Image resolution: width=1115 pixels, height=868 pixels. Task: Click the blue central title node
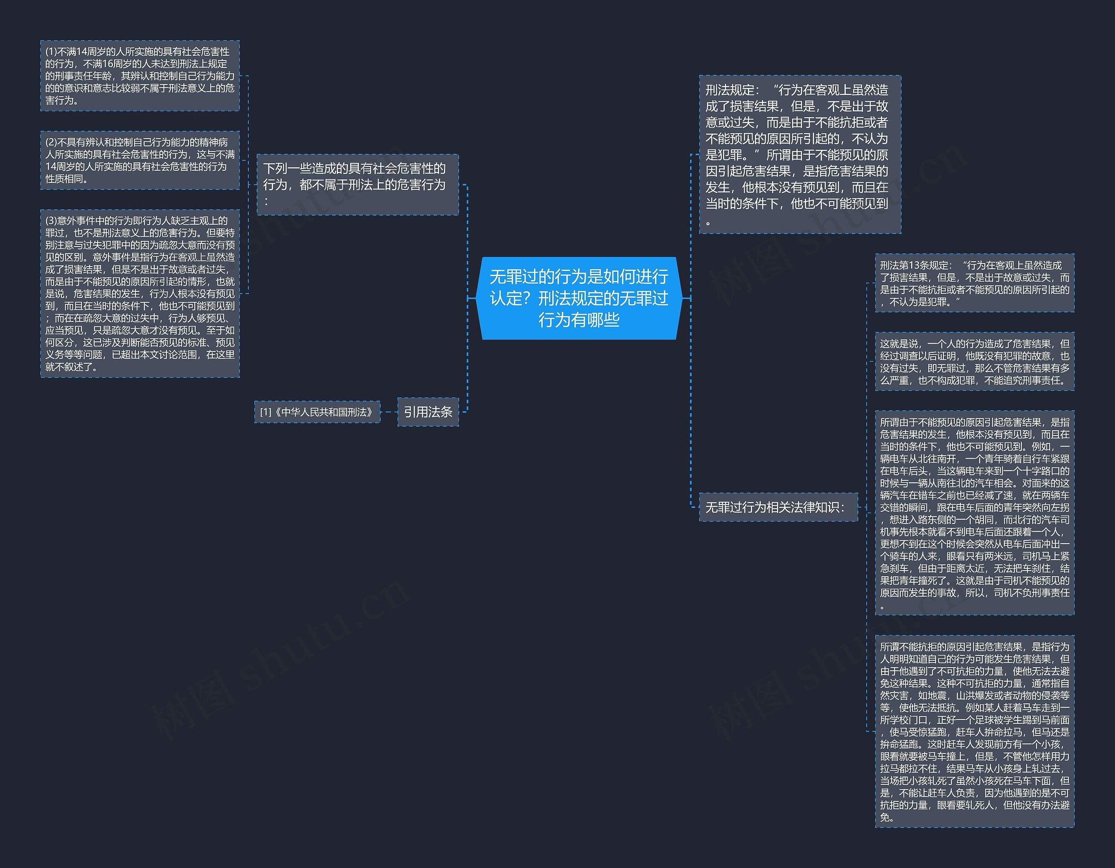point(578,298)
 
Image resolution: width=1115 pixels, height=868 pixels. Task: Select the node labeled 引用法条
point(428,412)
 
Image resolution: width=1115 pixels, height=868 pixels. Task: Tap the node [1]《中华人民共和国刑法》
point(317,412)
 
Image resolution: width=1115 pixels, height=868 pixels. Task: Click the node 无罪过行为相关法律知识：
point(777,507)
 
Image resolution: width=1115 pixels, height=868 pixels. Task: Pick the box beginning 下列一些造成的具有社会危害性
point(358,184)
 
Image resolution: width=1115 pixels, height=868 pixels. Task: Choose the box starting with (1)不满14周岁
point(140,76)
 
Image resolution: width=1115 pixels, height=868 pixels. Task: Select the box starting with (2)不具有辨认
point(140,160)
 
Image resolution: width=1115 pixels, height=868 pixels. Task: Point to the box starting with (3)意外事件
point(140,294)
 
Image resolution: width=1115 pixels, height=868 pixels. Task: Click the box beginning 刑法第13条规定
point(974,284)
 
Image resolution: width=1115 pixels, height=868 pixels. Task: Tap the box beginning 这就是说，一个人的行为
point(974,362)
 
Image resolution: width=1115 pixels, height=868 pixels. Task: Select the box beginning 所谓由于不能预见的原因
point(974,513)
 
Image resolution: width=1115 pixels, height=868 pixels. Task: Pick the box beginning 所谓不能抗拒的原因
point(974,731)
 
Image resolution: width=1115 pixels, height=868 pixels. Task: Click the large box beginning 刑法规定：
point(800,155)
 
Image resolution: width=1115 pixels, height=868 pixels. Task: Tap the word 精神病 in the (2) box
point(214,142)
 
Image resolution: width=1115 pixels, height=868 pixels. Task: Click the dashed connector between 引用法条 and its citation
point(389,412)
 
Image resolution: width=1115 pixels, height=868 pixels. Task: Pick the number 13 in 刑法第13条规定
point(913,266)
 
